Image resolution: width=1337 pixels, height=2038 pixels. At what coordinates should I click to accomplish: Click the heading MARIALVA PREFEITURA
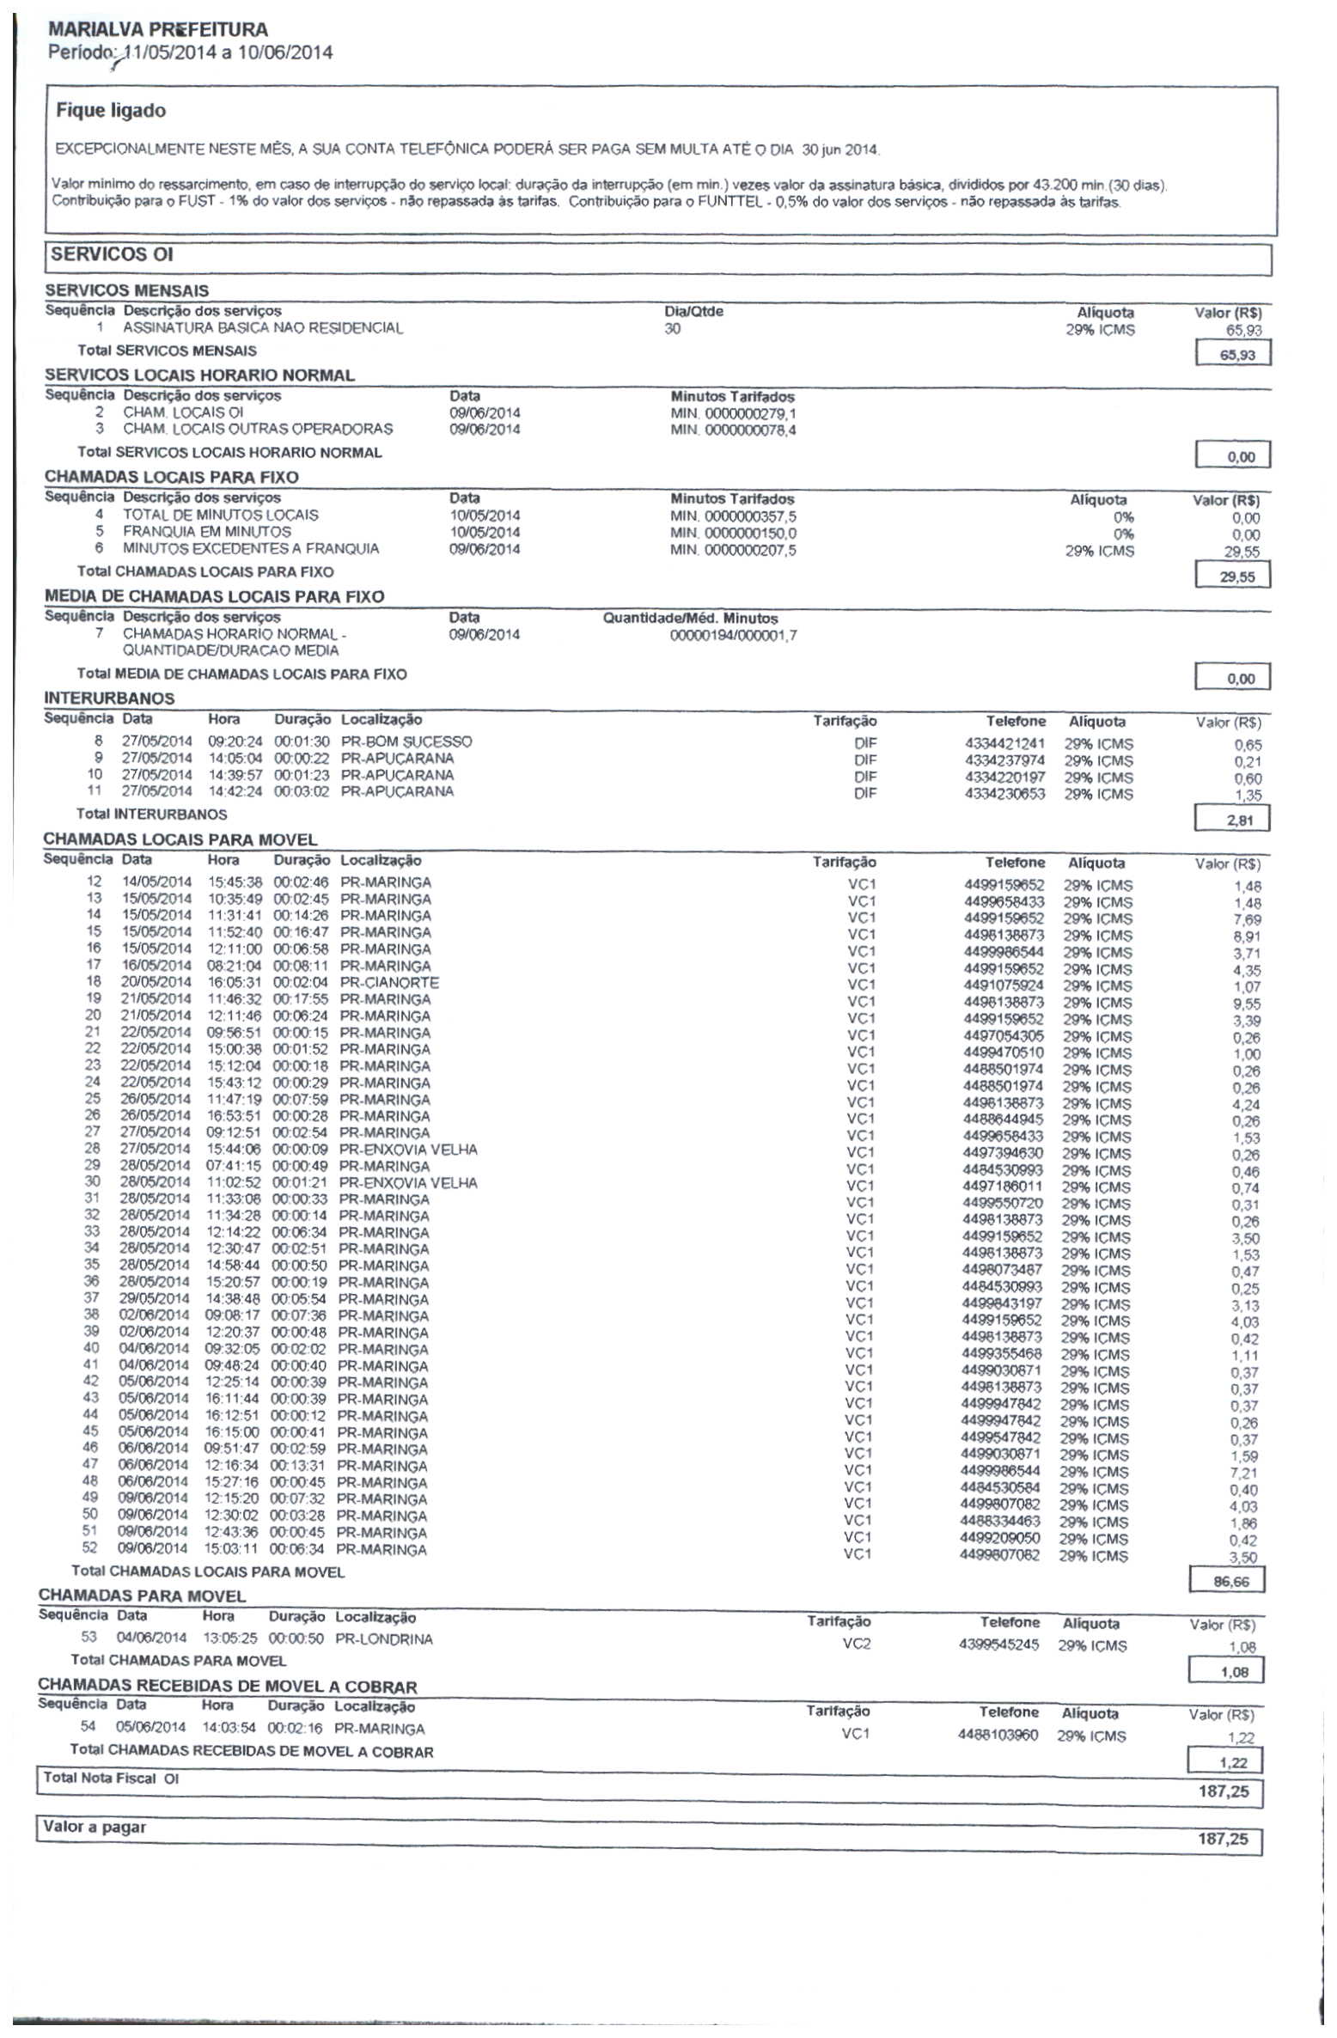158,29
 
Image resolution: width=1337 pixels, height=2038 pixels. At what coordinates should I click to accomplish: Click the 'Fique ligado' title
111,111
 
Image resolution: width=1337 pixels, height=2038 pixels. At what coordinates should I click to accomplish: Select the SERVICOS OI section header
112,254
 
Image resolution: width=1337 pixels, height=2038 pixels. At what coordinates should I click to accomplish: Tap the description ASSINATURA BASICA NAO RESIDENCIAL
263,328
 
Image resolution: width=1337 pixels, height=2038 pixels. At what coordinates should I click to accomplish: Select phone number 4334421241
1005,744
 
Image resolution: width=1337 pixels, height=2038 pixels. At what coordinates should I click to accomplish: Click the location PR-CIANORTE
389,982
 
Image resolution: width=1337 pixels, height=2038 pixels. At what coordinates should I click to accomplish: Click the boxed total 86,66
1230,1582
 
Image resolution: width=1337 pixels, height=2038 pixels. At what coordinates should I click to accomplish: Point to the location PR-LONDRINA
383,1639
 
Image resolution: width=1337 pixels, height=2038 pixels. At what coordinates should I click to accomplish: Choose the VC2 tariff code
857,1644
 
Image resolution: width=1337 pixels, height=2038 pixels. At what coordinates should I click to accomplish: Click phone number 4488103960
998,1735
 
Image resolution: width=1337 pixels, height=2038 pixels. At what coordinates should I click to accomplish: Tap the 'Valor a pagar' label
95,1827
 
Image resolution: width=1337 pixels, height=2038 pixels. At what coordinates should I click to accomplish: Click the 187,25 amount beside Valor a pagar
1222,1839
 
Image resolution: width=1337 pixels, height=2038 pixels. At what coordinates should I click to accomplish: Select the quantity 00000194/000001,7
733,636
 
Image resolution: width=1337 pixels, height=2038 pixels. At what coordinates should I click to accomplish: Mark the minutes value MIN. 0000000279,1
733,413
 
